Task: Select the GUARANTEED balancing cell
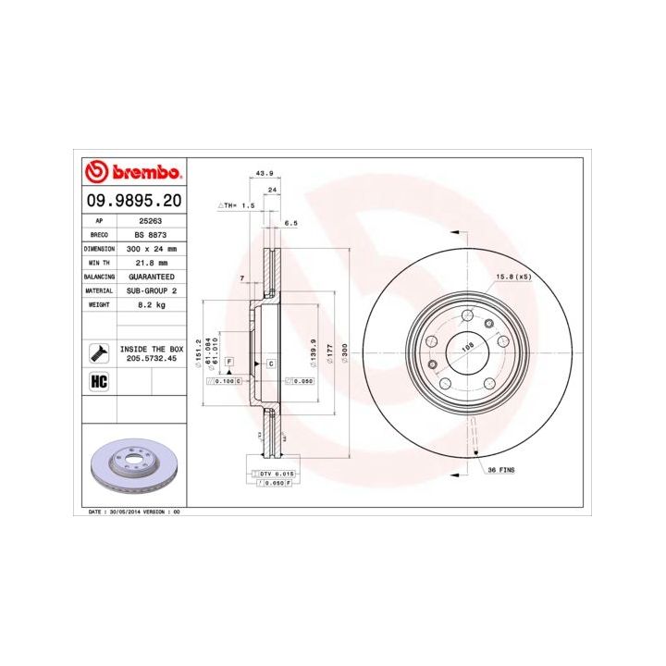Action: pos(150,277)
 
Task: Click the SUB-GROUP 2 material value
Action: pos(150,290)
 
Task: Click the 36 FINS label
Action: pos(501,470)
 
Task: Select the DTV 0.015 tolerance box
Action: pos(274,474)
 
